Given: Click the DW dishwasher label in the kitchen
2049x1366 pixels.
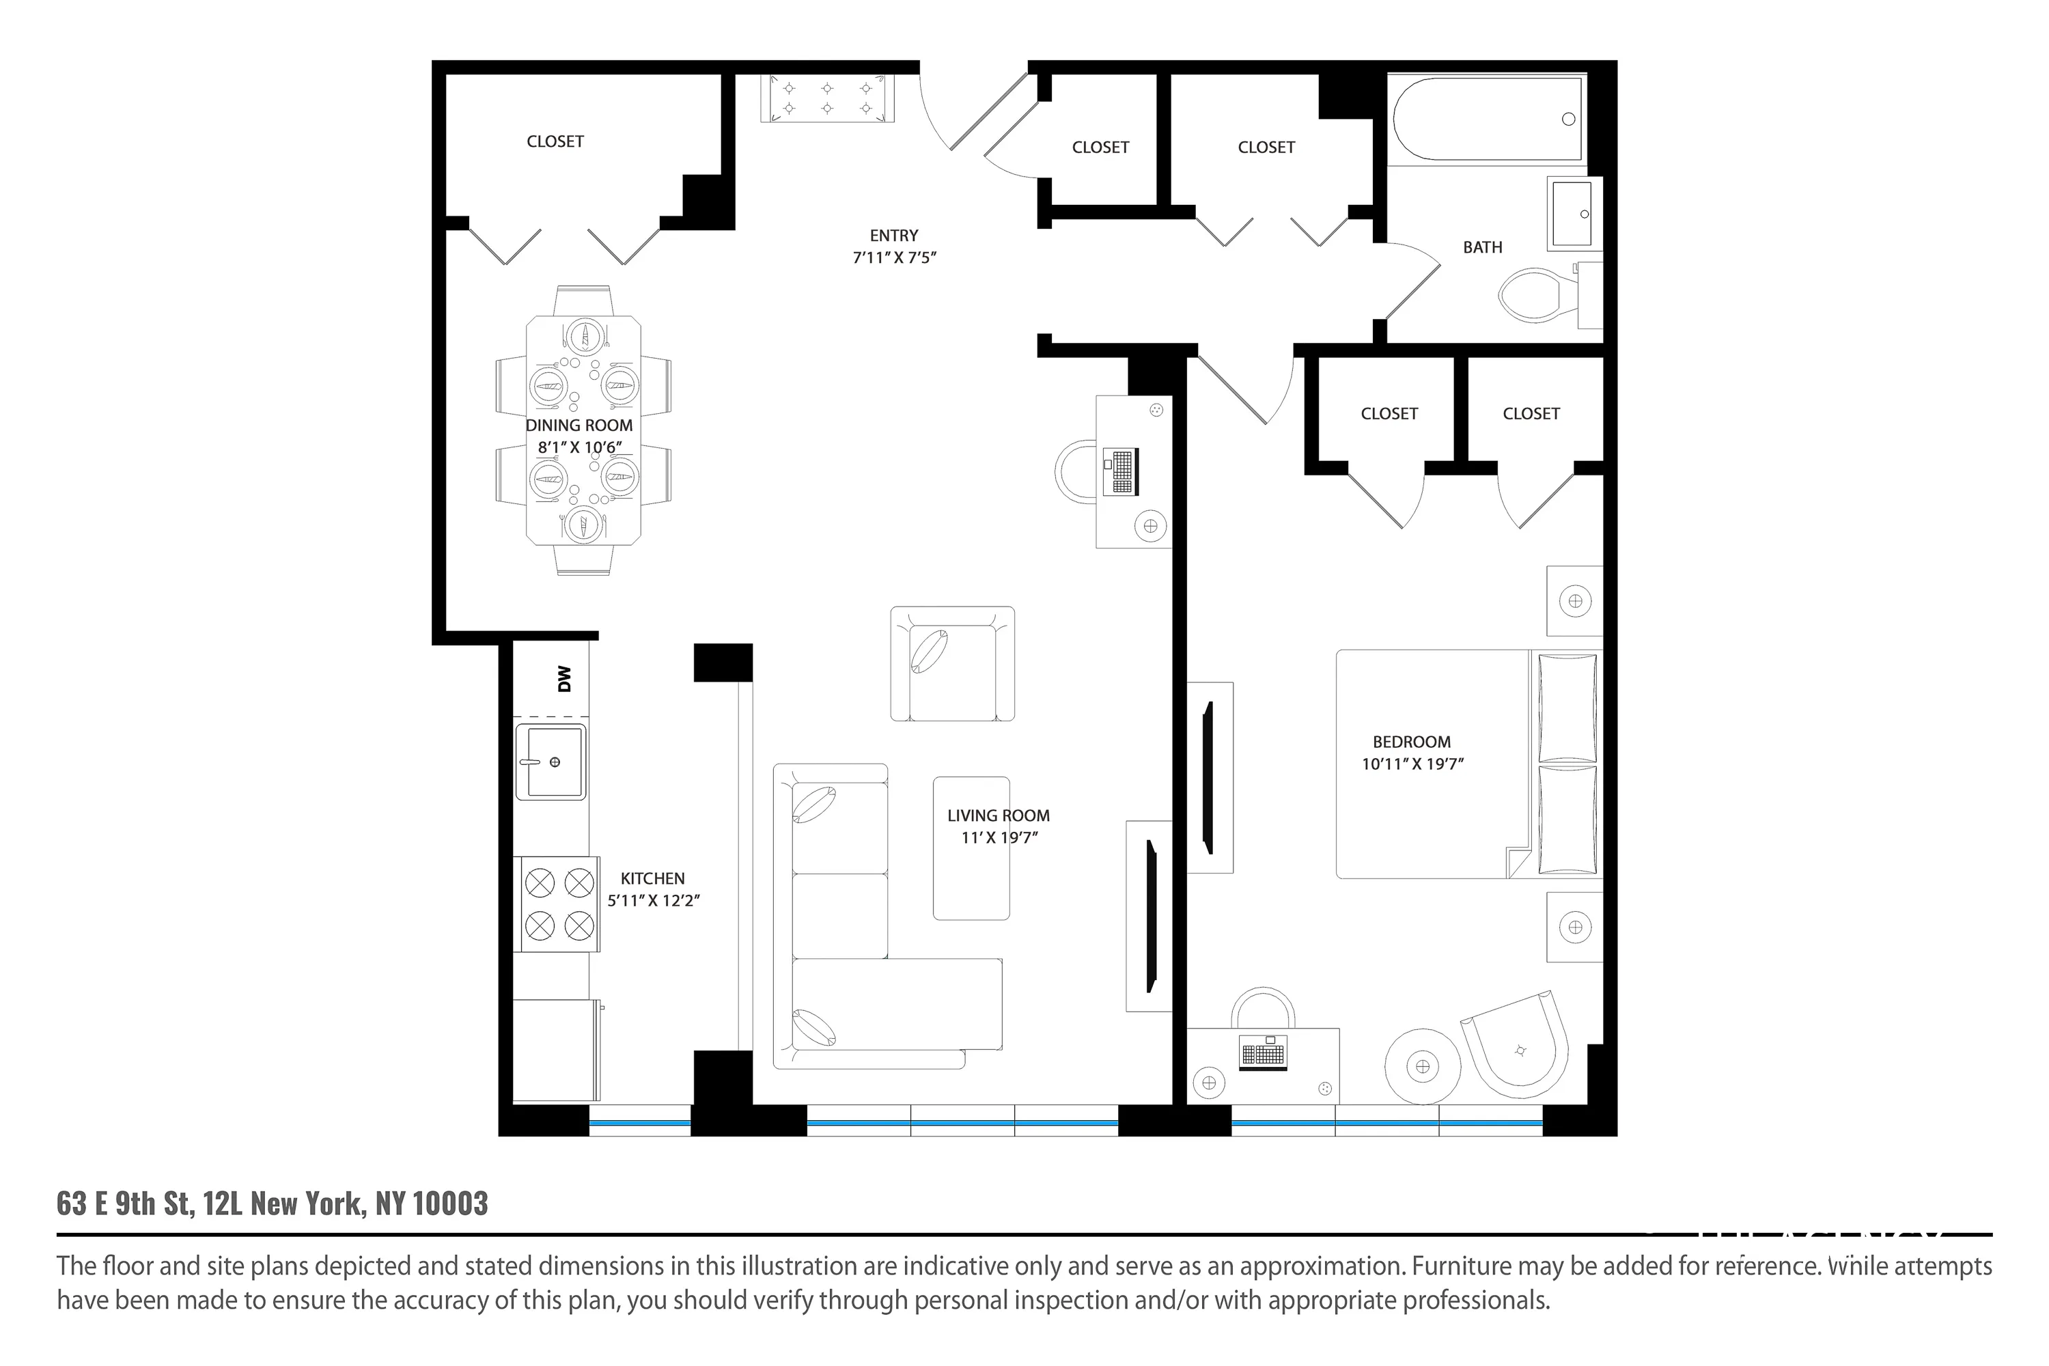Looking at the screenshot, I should click(x=565, y=679).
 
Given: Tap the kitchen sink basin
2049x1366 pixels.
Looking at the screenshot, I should click(x=550, y=762).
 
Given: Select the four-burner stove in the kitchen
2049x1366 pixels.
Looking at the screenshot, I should click(x=559, y=904).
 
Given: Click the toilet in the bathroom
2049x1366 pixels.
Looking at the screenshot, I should click(x=1539, y=294).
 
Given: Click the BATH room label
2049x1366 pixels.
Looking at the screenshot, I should click(x=1482, y=247).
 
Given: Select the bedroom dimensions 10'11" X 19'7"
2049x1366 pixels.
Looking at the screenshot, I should click(x=1412, y=764).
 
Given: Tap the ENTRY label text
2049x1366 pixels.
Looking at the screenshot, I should click(x=894, y=235).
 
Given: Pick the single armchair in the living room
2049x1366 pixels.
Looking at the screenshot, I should click(x=952, y=664).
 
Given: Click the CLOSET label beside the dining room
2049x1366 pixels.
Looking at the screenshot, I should click(x=555, y=141).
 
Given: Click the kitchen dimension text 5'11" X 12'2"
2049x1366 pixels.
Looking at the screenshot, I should click(x=654, y=901).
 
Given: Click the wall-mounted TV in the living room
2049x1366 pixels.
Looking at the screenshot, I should click(x=1150, y=916).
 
